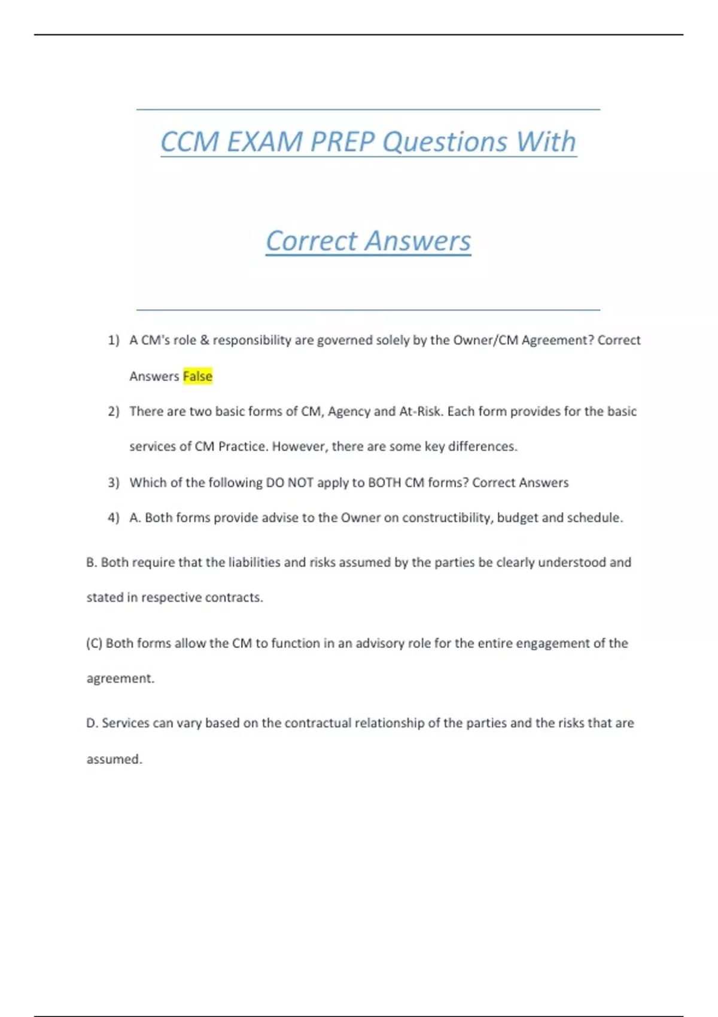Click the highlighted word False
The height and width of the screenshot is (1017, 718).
tap(197, 376)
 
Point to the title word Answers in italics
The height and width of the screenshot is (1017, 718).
tap(418, 241)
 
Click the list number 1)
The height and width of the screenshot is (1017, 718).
tap(114, 340)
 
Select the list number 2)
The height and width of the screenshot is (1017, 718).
tap(114, 412)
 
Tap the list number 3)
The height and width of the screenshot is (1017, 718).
tap(114, 483)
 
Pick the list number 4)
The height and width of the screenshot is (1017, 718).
tap(114, 518)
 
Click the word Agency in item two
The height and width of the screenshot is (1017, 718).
tap(348, 412)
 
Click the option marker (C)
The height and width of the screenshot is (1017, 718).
tap(95, 644)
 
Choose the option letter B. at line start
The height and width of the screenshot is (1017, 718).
tap(92, 562)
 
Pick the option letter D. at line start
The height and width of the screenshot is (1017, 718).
tap(92, 723)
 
